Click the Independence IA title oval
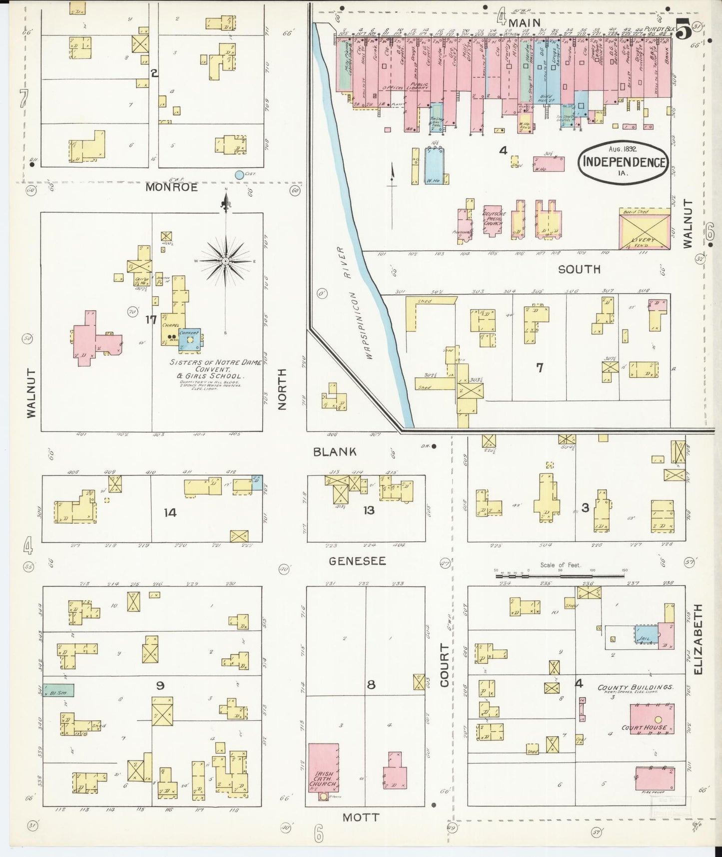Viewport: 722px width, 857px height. [x=623, y=162]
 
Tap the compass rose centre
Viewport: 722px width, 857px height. [x=226, y=261]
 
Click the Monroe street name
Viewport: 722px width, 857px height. [x=171, y=187]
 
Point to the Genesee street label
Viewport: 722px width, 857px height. [x=357, y=561]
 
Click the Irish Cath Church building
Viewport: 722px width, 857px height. [x=323, y=768]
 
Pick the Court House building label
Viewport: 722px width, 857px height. [x=651, y=727]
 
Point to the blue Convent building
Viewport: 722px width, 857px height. [x=190, y=339]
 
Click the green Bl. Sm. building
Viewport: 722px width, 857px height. [x=58, y=690]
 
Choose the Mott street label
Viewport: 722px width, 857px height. [x=361, y=817]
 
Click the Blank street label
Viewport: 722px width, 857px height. [x=335, y=451]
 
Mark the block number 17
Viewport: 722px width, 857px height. [x=151, y=319]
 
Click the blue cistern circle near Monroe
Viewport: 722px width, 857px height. [x=239, y=175]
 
